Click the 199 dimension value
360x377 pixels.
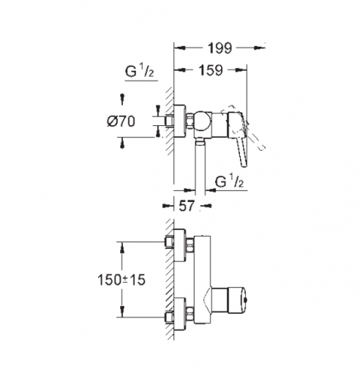pos(220,48)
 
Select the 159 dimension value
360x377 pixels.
pos(211,70)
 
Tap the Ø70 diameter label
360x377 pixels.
pos(121,121)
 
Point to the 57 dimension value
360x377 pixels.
pos(187,206)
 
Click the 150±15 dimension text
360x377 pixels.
pos(122,280)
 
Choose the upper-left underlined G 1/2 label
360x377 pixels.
pos(140,72)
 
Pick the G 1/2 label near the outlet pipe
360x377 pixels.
pos(229,182)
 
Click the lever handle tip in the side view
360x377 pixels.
pos(245,164)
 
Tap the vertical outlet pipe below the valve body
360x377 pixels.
pos(200,167)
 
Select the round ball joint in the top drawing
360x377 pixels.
pos(202,121)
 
